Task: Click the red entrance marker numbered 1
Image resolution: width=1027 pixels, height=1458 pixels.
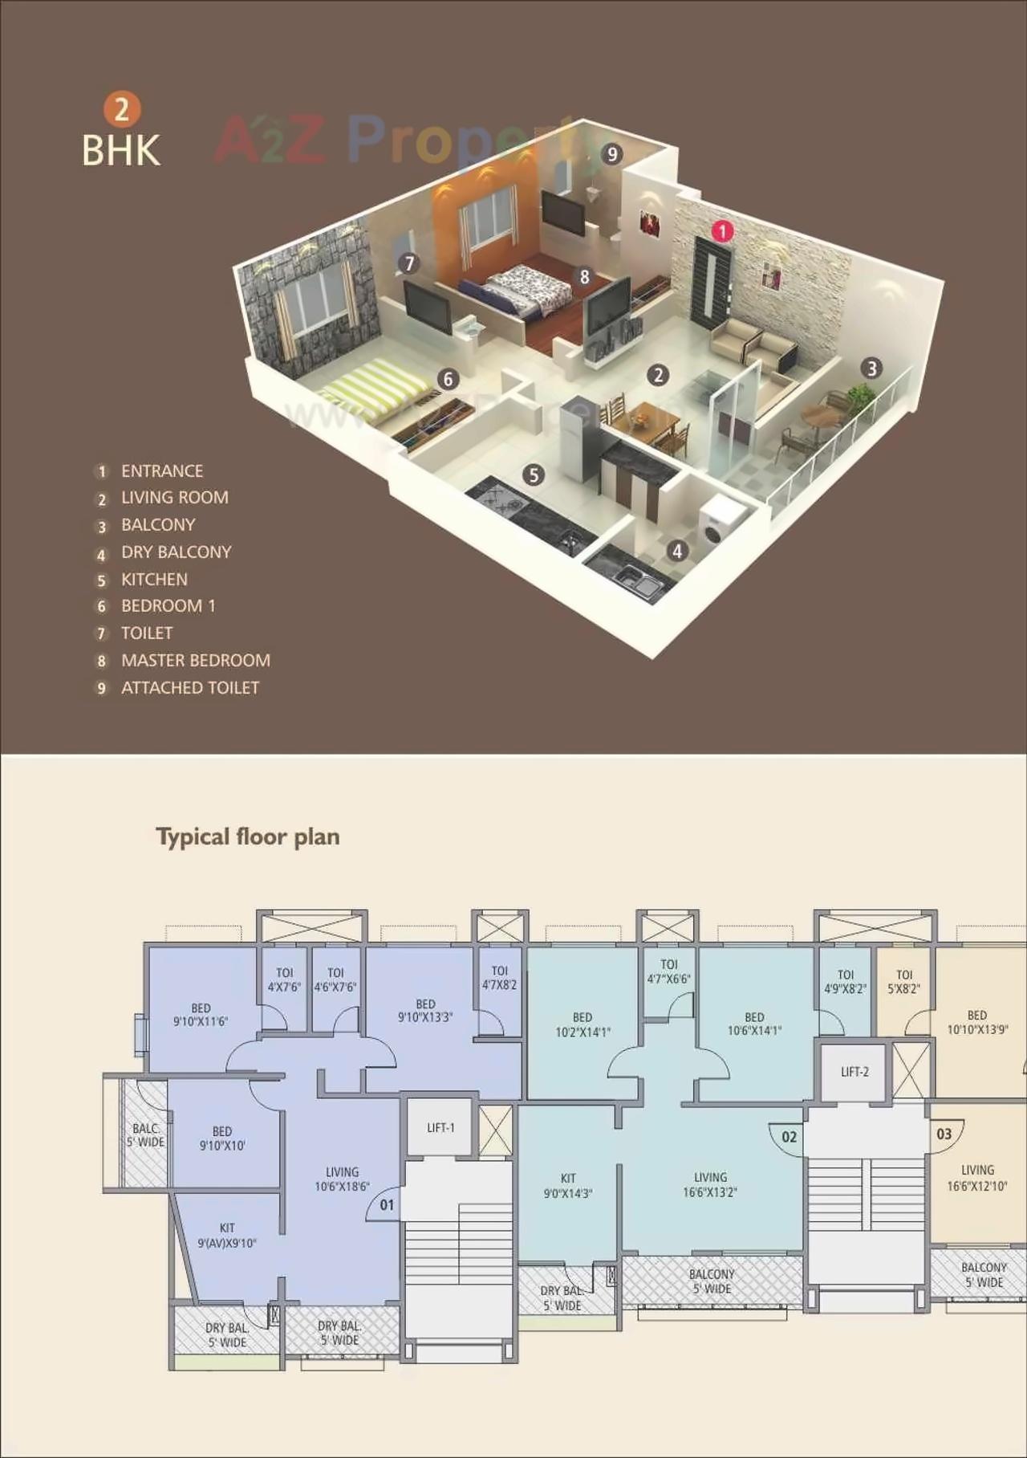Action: pos(722,232)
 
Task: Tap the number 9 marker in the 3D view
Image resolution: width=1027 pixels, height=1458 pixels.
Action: pos(612,154)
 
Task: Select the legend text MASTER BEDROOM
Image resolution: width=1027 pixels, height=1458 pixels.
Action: pos(195,661)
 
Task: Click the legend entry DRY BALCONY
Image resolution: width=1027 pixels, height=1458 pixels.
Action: pos(176,552)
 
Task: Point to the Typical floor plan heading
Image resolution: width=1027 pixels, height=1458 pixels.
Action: pos(248,837)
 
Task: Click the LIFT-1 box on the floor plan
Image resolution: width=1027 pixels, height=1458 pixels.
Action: pos(440,1128)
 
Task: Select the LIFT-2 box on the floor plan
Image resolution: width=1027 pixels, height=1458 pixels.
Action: pos(854,1072)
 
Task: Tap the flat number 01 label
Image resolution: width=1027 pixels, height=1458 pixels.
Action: pos(387,1205)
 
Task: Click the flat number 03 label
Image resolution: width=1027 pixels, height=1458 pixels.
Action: pos(944,1134)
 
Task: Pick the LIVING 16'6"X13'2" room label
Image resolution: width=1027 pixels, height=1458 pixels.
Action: pos(710,1184)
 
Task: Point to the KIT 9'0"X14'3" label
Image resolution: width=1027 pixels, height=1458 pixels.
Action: pos(568,1186)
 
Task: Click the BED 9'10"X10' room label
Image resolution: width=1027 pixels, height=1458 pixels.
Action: pos(222,1138)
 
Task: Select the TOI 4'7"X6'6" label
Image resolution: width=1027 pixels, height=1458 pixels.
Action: pos(669,971)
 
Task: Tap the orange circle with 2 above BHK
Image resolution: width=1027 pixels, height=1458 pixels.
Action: pos(122,109)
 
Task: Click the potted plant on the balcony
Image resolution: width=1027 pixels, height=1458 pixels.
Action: pos(860,395)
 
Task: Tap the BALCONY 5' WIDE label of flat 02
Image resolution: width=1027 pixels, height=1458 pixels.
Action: pos(712,1281)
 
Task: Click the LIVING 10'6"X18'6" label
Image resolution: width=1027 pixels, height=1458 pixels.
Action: pos(342,1179)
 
